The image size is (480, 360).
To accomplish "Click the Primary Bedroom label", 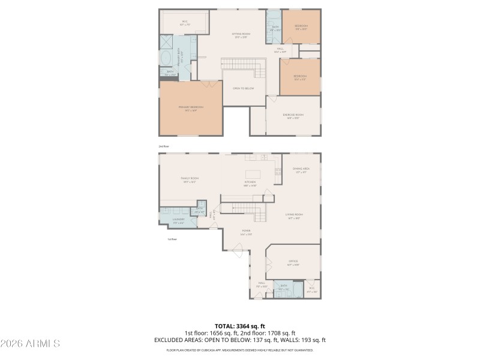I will pos(191,107).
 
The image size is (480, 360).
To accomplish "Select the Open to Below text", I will pos(244,88).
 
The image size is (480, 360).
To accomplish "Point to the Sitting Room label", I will pos(241,34).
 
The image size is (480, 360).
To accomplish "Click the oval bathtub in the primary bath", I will pos(166,58).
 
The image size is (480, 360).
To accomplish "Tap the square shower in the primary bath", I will pos(166,41).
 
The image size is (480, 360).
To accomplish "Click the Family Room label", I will pos(190,178).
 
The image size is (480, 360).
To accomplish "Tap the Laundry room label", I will pos(178,220).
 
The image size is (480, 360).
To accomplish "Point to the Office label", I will pos(293,262).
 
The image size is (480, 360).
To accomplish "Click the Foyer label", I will pos(246,231).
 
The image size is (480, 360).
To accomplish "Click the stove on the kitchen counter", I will pos(278,172).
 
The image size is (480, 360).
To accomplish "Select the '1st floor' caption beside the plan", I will pos(172,239).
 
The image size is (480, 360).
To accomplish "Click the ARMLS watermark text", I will pos(30,344).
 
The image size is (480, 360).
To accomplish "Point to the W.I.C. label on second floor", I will pos(185,23).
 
